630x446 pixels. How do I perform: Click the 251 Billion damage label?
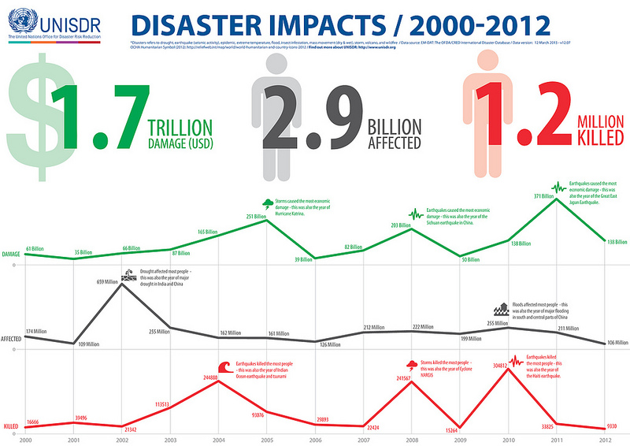coord(258,216)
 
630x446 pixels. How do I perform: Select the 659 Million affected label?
coord(108,281)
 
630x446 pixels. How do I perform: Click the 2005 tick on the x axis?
coord(267,439)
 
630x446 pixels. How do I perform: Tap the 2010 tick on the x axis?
coord(509,439)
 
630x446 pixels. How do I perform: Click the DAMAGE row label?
coord(11,255)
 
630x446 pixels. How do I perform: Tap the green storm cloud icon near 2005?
coord(268,203)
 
